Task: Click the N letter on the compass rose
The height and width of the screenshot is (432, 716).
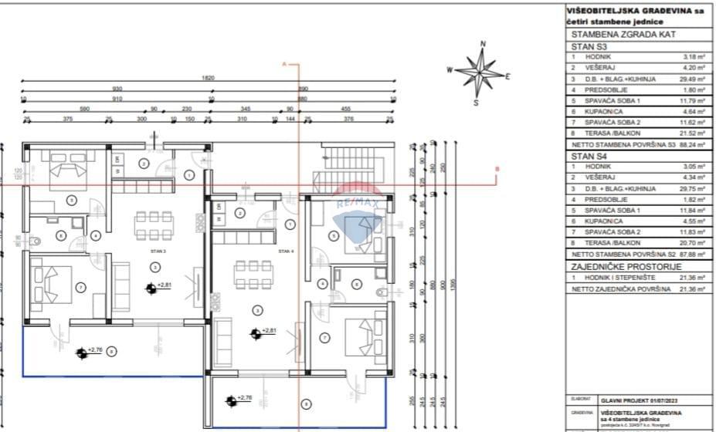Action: (483, 45)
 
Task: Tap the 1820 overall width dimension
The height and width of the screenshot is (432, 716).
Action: (208, 78)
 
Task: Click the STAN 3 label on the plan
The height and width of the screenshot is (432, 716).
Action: (158, 251)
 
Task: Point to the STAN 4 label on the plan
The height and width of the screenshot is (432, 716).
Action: (286, 251)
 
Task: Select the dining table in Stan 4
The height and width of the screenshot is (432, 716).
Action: (249, 274)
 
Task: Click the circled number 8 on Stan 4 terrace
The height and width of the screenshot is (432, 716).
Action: (307, 403)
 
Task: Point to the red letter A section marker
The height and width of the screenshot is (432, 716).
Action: (284, 63)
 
